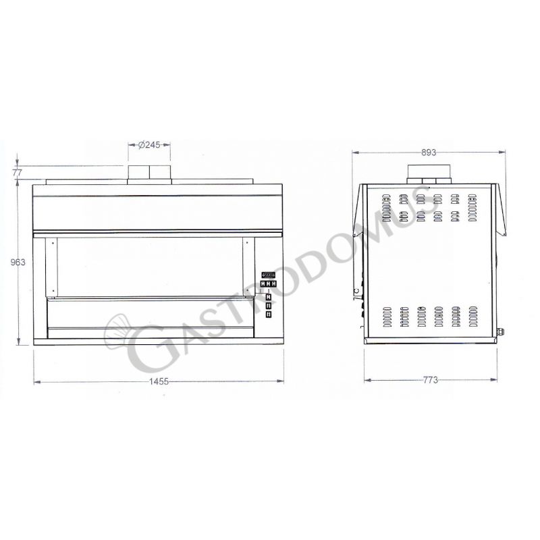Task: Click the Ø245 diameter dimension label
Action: pos(149,144)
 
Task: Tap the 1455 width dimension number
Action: pos(159,382)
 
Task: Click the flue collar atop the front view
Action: pos(149,173)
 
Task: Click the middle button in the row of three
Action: pos(269,284)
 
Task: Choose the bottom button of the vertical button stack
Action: pos(269,315)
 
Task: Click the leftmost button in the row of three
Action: pos(263,284)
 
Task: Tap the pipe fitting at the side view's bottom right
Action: pos(502,331)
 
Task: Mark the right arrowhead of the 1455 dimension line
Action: pos(281,382)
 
